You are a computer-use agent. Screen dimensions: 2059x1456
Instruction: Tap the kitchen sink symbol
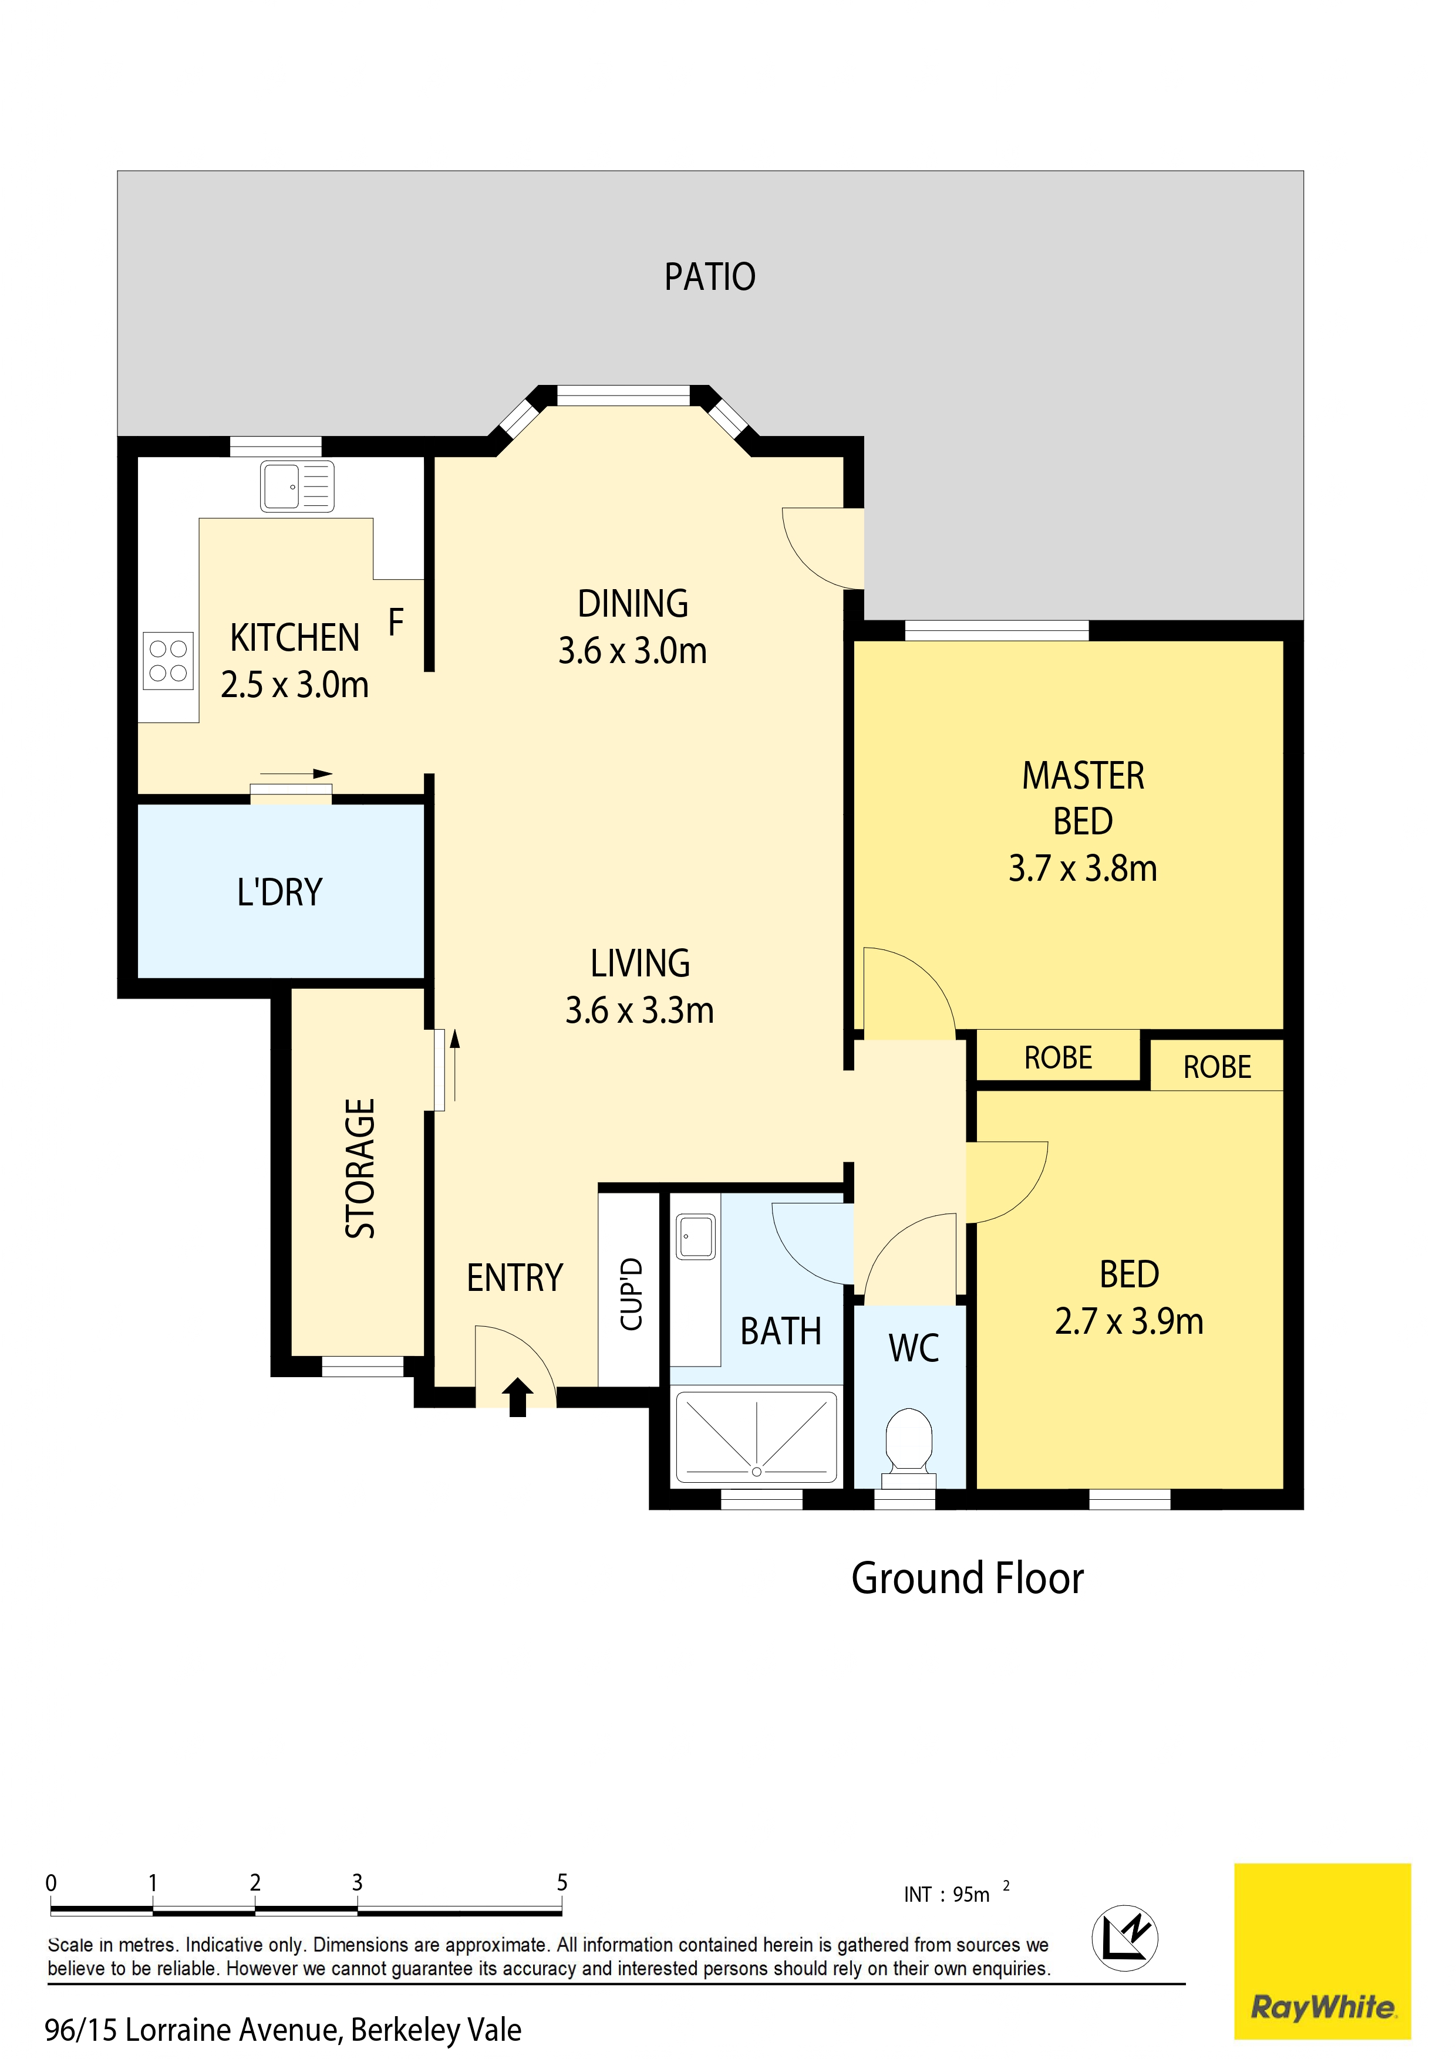[297, 487]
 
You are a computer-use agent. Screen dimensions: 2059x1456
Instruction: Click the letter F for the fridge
[396, 621]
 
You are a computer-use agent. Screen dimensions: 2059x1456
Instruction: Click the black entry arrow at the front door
[518, 1397]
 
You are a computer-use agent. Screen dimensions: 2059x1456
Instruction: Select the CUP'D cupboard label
[632, 1293]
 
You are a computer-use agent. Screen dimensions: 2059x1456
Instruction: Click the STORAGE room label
[360, 1168]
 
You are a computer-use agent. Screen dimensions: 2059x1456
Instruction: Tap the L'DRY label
[279, 892]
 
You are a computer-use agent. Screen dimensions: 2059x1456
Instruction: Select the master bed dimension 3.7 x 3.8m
[1082, 868]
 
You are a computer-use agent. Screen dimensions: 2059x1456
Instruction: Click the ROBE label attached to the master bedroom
[1058, 1058]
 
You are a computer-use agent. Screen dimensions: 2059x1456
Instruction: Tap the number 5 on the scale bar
[562, 1882]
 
